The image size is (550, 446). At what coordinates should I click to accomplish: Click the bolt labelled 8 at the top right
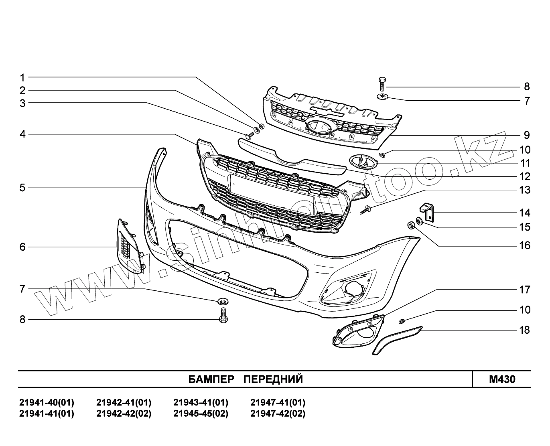pos(382,84)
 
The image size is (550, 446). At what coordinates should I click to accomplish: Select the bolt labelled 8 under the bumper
pos(223,315)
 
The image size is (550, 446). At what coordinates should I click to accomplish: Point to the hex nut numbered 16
pos(411,226)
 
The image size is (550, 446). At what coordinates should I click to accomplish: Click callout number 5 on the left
pos(22,188)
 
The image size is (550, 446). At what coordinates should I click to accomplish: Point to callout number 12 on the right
pos(525,176)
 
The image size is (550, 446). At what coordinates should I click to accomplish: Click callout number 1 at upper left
pos(22,77)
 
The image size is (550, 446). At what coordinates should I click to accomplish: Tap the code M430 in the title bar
pos(502,379)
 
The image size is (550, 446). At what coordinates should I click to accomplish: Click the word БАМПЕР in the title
pos(211,379)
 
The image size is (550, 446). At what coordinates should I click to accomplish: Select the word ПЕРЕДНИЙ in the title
pos(273,379)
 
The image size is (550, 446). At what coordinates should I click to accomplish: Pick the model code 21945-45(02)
pos(201,414)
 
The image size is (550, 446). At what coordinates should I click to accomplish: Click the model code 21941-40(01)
pos(47,403)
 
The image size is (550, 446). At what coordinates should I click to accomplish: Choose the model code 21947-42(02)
pos(278,414)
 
